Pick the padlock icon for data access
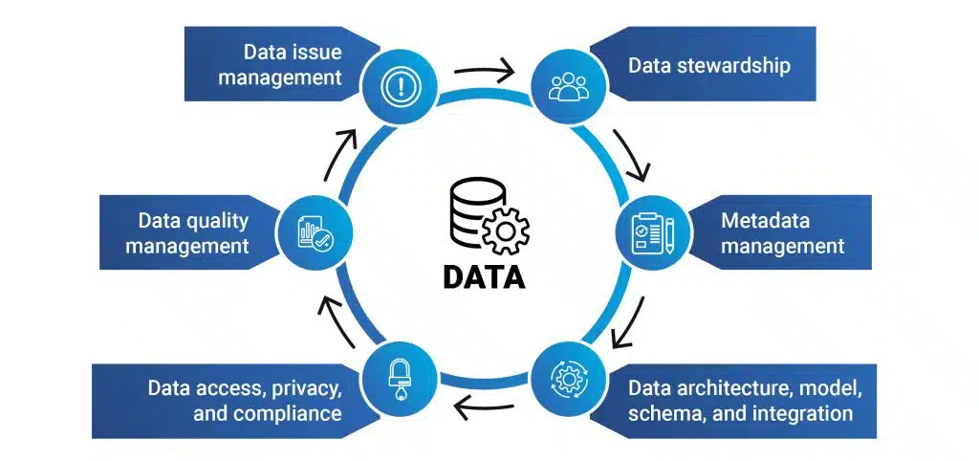pyautogui.click(x=396, y=377)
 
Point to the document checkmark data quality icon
pyautogui.click(x=313, y=232)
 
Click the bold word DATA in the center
pyautogui.click(x=483, y=275)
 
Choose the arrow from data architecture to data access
pyautogui.click(x=484, y=407)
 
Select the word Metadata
pyautogui.click(x=765, y=221)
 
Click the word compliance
pyautogui.click(x=292, y=413)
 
